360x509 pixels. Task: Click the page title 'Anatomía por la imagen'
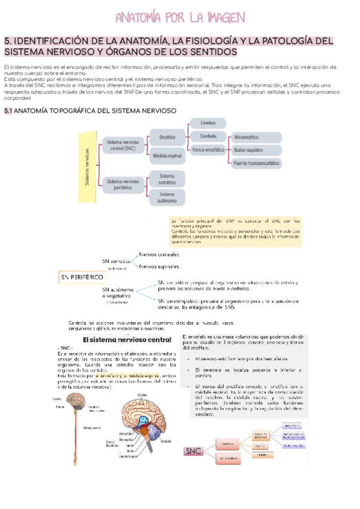click(179, 17)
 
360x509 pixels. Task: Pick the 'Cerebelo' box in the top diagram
click(208, 136)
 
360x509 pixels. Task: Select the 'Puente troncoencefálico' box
click(256, 163)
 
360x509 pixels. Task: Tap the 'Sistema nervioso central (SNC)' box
click(123, 146)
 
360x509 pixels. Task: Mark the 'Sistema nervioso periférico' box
click(123, 184)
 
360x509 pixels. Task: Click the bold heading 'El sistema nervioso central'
click(127, 340)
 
